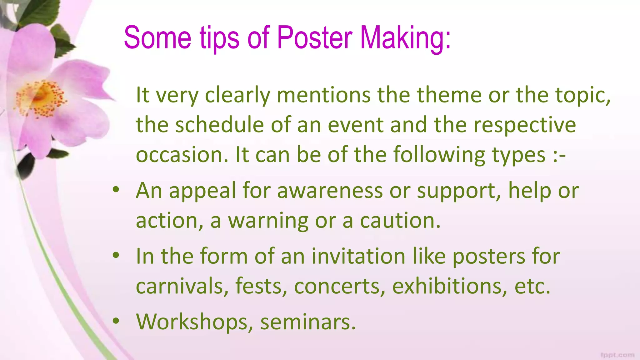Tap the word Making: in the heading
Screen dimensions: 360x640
point(406,38)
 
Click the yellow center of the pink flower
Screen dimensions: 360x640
point(41,96)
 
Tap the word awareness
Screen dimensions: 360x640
point(330,190)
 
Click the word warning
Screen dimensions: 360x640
point(268,221)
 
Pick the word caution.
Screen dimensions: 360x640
point(400,221)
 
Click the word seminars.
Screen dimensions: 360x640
point(308,322)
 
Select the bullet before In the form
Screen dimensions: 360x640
point(116,255)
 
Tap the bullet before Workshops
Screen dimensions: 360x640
point(116,321)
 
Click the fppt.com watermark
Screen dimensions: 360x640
point(617,355)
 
